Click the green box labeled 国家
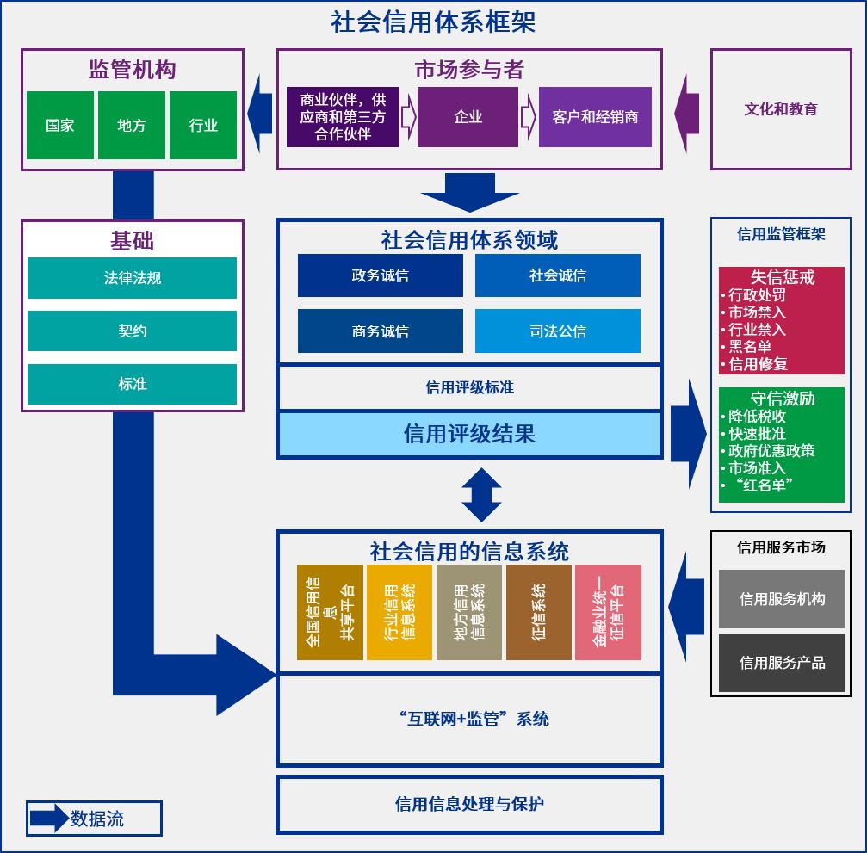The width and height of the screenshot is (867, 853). [60, 126]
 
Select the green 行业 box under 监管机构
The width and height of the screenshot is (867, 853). [203, 126]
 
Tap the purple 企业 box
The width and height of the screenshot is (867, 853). [468, 117]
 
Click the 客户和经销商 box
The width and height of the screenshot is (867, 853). [595, 117]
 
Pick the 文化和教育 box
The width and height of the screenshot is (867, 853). [781, 109]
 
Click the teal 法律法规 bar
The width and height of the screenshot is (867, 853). [132, 278]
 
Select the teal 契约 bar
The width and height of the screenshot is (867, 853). [132, 331]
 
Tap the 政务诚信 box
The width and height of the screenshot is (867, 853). [380, 275]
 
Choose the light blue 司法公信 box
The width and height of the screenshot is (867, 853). [557, 331]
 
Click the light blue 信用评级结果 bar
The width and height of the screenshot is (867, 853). [469, 434]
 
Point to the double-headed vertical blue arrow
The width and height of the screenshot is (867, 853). [481, 494]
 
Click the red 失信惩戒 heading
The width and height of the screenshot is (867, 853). [782, 277]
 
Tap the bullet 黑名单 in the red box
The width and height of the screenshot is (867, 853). [749, 347]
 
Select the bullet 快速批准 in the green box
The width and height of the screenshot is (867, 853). [757, 434]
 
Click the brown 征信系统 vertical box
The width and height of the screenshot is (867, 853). [539, 612]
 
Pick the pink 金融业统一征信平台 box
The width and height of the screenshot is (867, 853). [608, 612]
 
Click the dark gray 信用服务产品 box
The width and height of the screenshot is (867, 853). [782, 663]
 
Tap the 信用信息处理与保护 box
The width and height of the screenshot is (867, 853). [469, 804]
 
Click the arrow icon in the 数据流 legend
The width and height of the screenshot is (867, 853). [49, 819]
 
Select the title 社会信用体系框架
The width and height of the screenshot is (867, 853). [433, 22]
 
